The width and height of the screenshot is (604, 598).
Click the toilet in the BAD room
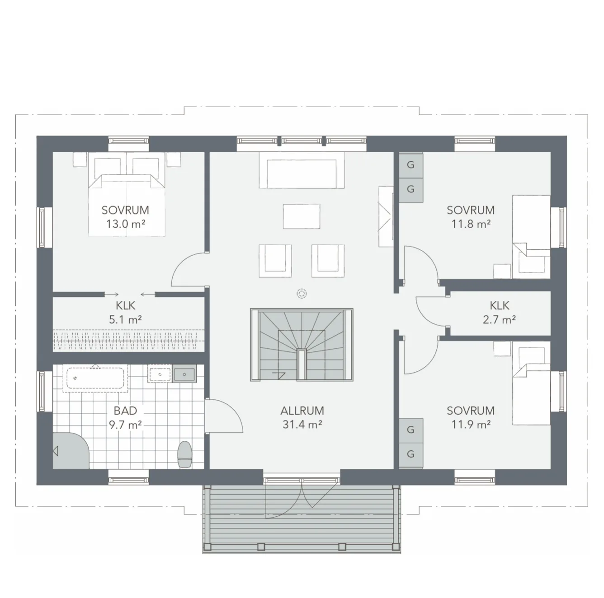pos(184,454)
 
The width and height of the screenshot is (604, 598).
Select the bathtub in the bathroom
pos(95,378)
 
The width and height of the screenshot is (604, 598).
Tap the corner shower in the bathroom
pos(71,450)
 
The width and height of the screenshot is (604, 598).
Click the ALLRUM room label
pos(302,411)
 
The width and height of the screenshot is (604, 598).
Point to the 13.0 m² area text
pos(125,224)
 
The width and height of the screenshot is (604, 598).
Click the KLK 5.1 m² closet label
pos(125,312)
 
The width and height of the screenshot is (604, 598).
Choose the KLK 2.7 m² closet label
pos(499,312)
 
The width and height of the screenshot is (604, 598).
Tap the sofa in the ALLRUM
pos(302,170)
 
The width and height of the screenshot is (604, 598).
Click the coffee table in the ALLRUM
pos(302,216)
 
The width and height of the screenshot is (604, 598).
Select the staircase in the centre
pos(302,345)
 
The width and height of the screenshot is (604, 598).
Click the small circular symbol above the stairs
pos(302,294)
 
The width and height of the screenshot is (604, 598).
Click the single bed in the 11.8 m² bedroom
pos(531,237)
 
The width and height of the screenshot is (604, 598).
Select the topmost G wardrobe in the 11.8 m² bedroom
pos(411,165)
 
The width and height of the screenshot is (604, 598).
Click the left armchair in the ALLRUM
pos(275,261)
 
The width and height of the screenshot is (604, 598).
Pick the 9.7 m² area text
pos(125,425)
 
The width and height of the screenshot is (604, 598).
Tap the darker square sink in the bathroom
pos(184,374)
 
